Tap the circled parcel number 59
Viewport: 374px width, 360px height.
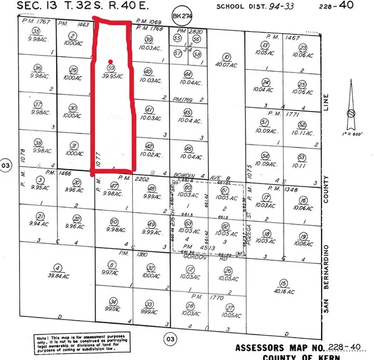click(111, 67)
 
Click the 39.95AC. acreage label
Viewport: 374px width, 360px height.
click(112, 75)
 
